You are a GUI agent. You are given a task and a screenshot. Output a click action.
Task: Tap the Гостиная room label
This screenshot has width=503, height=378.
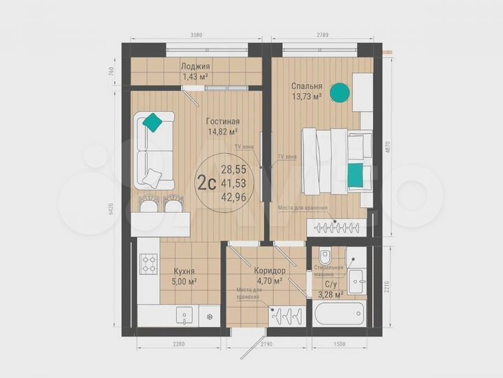pos(223,121)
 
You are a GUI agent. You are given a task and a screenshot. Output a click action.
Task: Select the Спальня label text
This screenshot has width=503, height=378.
pos(306,87)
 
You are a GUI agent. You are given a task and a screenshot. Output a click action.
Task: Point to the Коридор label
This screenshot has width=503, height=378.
pos(269,270)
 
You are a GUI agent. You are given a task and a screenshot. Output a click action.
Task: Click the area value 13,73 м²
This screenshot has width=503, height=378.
pos(307,97)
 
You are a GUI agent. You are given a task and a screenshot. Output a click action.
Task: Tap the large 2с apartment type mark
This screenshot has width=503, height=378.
pos(205,183)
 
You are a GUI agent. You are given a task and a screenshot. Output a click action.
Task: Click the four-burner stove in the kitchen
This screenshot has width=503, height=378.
pos(150,263)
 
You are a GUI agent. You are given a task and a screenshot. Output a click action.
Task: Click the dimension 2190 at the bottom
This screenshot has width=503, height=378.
pos(261,344)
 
